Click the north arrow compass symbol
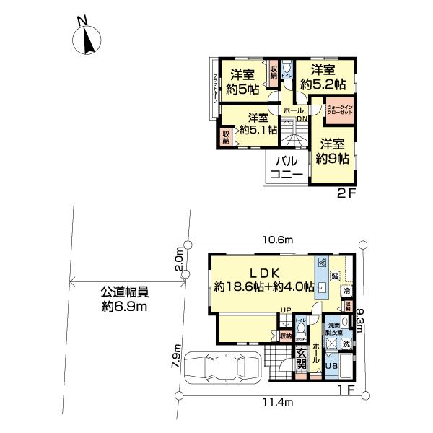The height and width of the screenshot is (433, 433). pos(87,39)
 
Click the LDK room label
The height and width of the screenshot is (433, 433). pos(264,274)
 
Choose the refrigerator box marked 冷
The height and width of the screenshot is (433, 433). pos(346,292)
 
